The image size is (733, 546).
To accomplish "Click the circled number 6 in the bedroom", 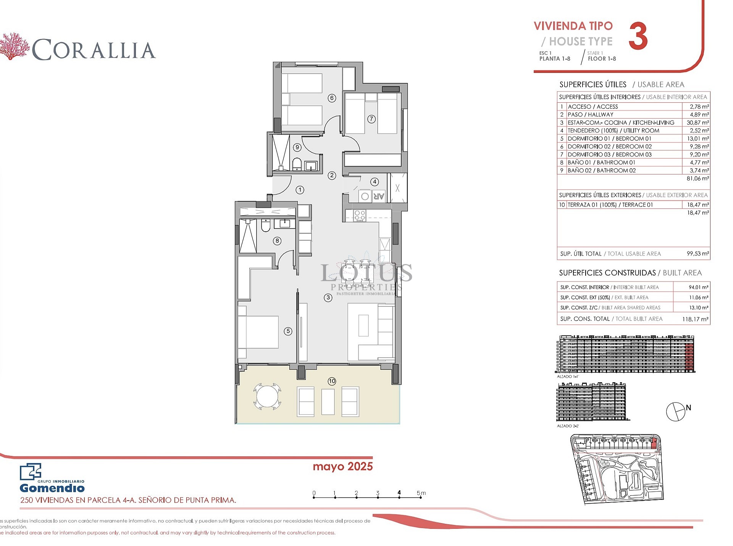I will (332, 98).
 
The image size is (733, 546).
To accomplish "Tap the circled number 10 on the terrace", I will (332, 381).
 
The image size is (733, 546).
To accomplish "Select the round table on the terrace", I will (267, 396).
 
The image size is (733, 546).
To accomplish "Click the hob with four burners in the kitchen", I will (360, 216).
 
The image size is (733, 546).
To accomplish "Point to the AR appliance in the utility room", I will (379, 196).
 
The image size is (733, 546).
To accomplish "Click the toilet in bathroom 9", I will (297, 164).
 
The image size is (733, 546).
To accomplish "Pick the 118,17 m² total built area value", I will (695, 319).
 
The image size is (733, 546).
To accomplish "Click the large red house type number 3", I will (638, 36).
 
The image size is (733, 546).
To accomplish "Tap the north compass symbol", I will (676, 412).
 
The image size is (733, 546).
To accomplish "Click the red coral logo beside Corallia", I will (14, 47).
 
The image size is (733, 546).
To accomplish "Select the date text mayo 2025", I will (342, 466).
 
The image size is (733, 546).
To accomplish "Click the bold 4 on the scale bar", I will (399, 493).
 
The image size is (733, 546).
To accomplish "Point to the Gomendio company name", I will (52, 488).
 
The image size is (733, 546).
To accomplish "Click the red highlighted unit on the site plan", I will (654, 443).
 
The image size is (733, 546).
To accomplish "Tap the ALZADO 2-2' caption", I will (568, 426).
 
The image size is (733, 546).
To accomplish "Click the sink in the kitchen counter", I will (385, 244).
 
